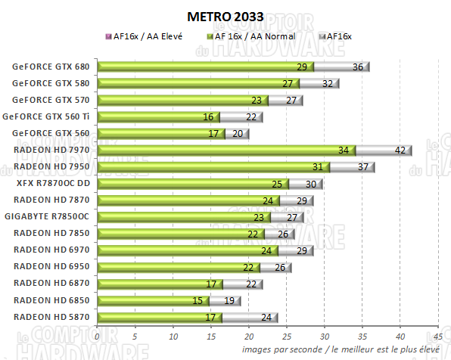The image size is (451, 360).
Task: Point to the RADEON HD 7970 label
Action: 51,150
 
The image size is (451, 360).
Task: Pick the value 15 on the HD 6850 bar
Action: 197,299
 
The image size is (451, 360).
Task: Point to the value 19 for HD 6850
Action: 230,299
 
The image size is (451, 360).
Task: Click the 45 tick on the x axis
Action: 437,336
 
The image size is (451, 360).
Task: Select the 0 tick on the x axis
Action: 98,336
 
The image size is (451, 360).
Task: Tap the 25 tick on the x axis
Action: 287,336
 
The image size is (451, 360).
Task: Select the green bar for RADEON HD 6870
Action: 160,283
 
